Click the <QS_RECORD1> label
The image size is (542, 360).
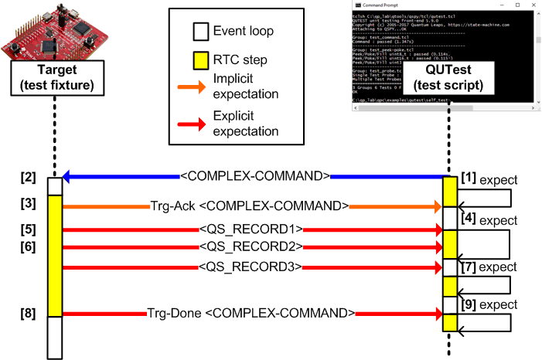250,229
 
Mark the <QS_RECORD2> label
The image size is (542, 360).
250,246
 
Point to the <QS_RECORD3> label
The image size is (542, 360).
250,267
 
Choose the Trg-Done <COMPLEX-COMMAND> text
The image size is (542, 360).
252,314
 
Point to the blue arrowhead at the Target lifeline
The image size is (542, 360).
68,177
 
